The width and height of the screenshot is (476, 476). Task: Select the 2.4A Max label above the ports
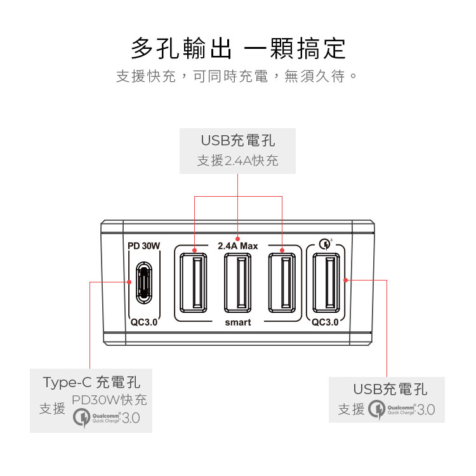click(x=237, y=246)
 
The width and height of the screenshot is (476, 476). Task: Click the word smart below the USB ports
click(x=238, y=322)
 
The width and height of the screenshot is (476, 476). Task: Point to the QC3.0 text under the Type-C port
click(x=143, y=322)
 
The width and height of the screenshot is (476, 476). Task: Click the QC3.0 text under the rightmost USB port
click(x=325, y=322)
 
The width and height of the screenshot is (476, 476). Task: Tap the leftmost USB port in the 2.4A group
click(x=193, y=282)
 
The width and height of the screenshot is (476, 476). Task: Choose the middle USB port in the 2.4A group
click(x=237, y=282)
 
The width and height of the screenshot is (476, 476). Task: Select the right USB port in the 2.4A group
click(x=282, y=282)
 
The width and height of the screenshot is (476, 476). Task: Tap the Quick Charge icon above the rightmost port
click(x=326, y=243)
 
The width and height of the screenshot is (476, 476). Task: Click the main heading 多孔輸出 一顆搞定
click(x=238, y=48)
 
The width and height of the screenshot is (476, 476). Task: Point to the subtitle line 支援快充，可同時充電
click(x=237, y=77)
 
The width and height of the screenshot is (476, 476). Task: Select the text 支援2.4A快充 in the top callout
click(x=237, y=161)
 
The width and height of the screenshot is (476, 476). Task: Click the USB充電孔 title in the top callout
click(x=238, y=140)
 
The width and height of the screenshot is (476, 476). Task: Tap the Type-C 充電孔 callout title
click(x=91, y=382)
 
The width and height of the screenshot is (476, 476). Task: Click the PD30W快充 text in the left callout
click(x=109, y=400)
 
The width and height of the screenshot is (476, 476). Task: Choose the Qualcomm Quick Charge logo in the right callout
click(x=402, y=409)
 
